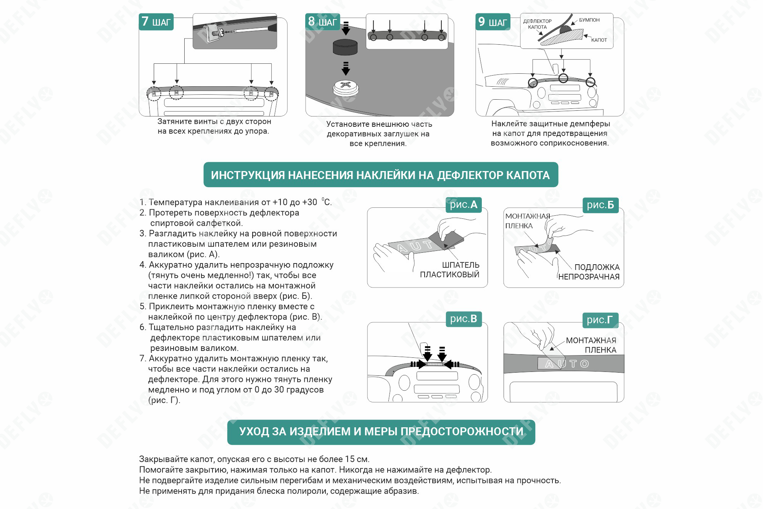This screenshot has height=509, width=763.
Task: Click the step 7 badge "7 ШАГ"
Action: tap(156, 22)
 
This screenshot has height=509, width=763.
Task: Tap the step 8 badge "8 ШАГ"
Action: tap(323, 22)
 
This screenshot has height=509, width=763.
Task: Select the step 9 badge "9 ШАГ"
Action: tap(493, 22)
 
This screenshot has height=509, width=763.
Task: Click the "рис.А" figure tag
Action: tap(464, 205)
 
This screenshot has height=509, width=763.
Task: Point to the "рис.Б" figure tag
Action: tap(600, 205)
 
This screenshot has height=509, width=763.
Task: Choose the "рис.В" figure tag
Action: tap(464, 319)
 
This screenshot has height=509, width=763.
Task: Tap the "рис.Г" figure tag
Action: tap(600, 320)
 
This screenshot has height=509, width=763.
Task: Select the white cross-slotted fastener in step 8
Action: tap(346, 89)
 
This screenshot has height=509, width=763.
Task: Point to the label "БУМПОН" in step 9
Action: tap(589, 20)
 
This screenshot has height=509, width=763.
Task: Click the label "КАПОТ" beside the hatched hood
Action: tap(599, 40)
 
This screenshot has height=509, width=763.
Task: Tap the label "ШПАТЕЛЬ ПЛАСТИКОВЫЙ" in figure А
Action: tap(450, 270)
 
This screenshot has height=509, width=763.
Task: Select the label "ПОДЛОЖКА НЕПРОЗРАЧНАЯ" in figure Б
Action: tap(589, 272)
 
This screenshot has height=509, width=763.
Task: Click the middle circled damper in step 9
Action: tap(563, 79)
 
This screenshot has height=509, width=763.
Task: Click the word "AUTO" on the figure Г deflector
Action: tap(567, 364)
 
